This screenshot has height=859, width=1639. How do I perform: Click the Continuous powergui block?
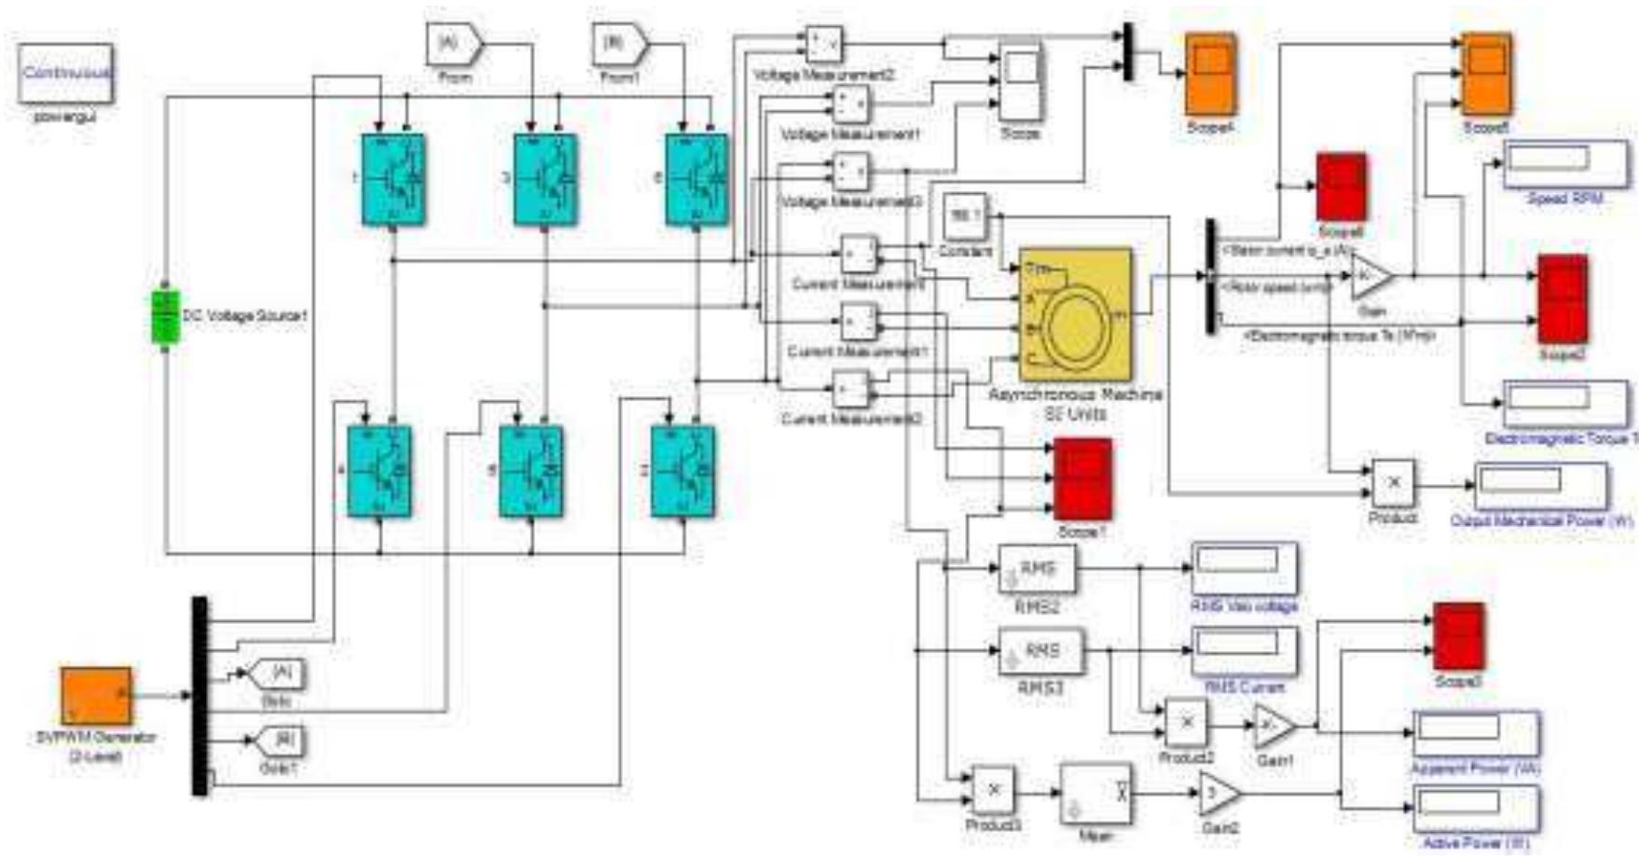click(65, 74)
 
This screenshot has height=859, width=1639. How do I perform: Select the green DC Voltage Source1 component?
click(165, 317)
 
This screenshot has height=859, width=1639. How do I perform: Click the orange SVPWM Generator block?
click(96, 696)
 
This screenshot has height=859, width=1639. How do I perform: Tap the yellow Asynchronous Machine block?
click(1076, 313)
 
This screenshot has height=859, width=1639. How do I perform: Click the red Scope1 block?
click(1081, 478)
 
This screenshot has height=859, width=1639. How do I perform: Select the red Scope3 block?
click(1458, 636)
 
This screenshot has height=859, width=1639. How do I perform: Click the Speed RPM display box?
click(1566, 164)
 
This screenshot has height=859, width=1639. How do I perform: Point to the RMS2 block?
click(1037, 570)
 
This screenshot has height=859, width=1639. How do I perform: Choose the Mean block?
click(1096, 795)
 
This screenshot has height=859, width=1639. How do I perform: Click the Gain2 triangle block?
click(1218, 794)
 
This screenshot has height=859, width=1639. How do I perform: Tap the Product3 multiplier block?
click(994, 790)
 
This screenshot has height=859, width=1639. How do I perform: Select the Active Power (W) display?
click(1475, 808)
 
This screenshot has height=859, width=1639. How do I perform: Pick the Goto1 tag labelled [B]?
click(279, 741)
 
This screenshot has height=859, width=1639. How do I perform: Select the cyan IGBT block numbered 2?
click(682, 471)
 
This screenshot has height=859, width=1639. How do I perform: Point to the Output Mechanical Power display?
click(1539, 485)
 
